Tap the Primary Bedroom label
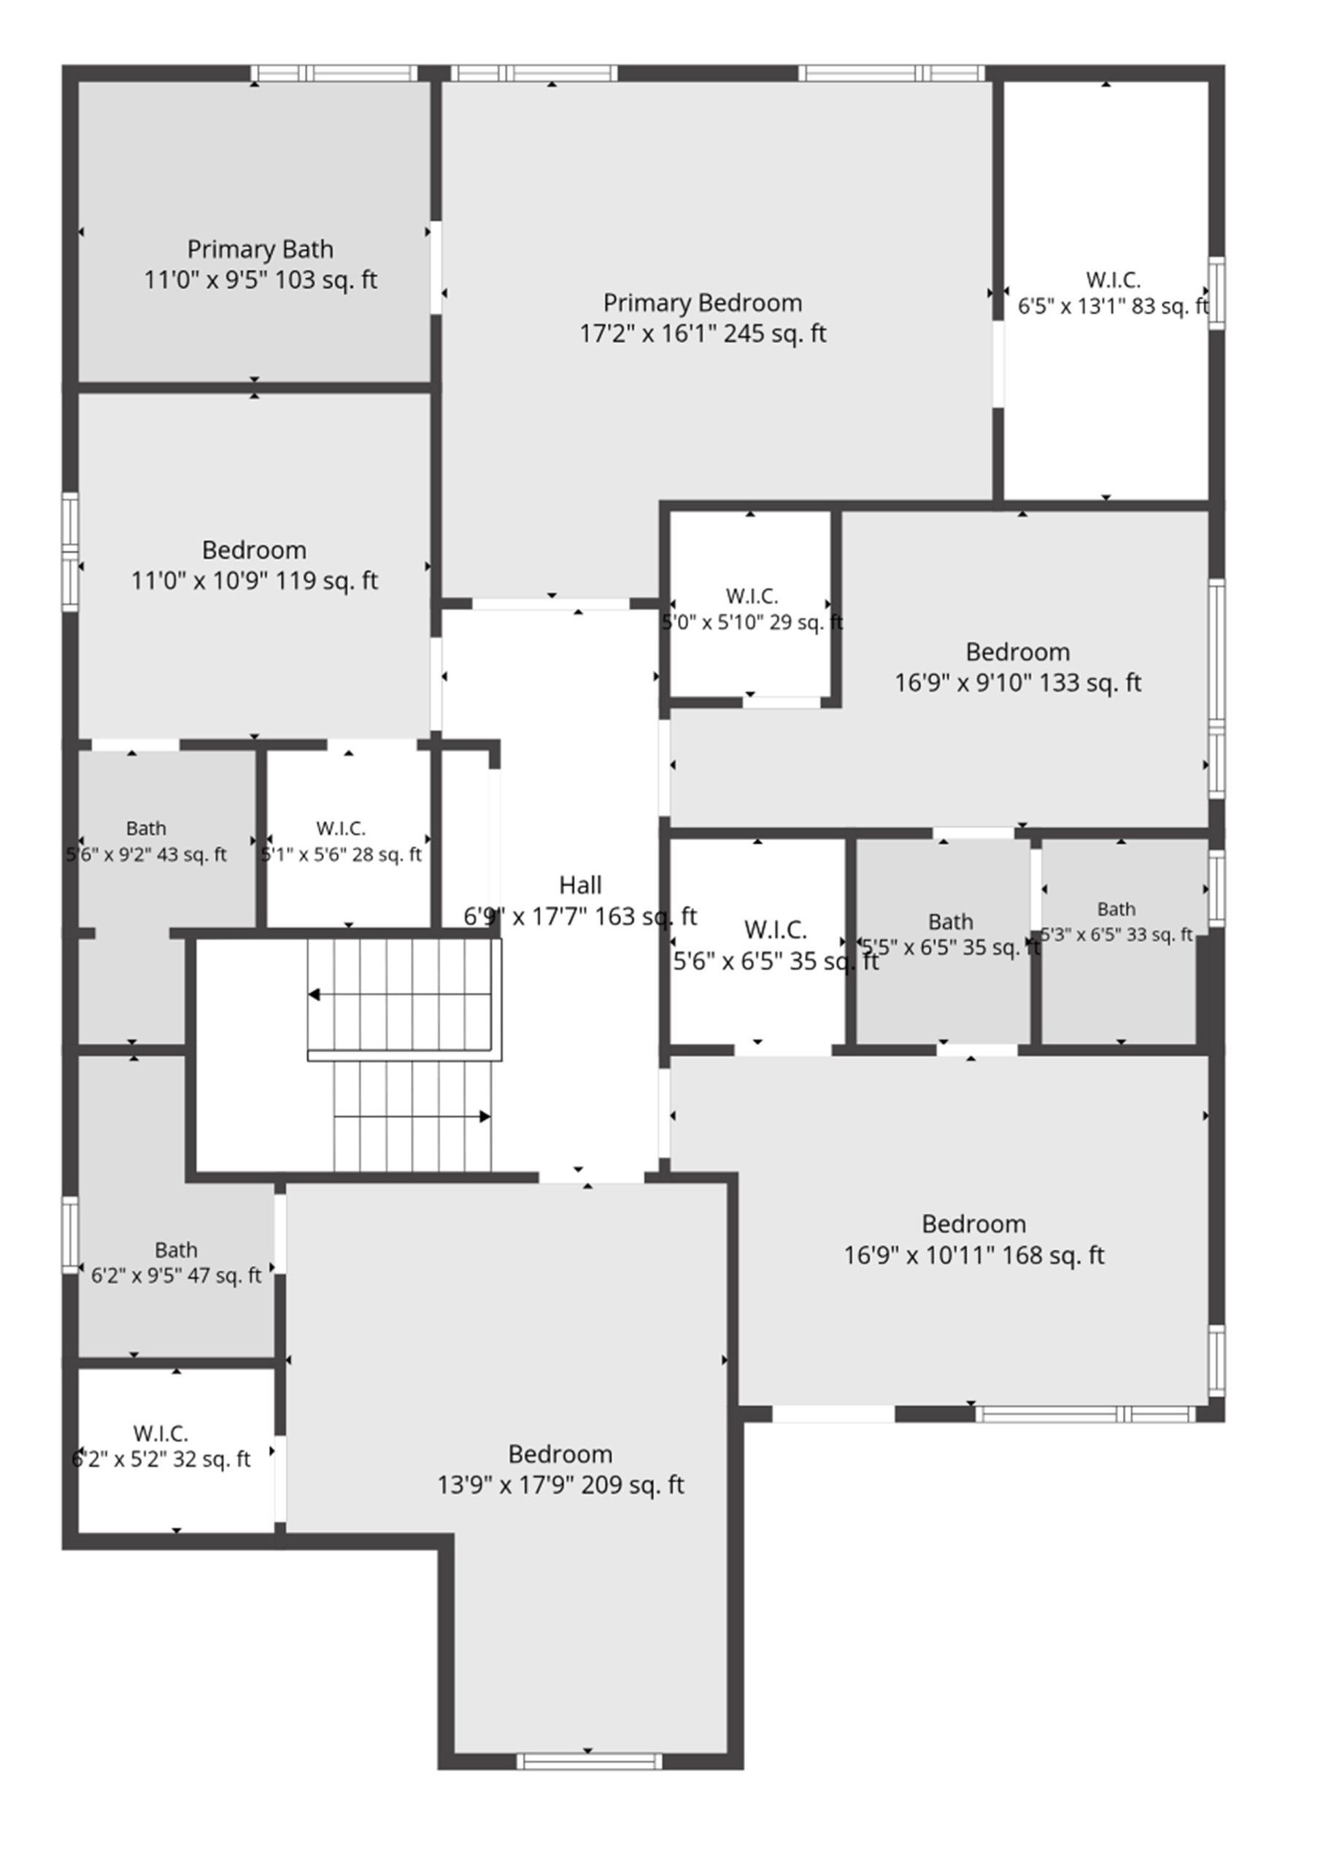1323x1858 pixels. (702, 302)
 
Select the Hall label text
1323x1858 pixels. (580, 884)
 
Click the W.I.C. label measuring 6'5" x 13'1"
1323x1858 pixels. (1113, 280)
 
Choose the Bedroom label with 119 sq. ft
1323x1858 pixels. (254, 550)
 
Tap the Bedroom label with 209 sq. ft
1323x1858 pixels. (560, 1454)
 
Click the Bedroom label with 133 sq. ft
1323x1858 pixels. (1017, 651)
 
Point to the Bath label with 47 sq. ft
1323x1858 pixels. (176, 1249)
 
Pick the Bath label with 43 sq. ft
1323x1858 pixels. (146, 828)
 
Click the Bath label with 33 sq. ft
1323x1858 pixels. (1116, 909)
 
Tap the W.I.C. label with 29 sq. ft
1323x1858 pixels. (752, 596)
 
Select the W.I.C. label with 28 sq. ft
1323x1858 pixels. (341, 828)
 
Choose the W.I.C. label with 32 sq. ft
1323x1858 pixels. (161, 1432)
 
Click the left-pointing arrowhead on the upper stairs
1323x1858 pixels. (314, 994)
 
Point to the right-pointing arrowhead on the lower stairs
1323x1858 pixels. (485, 1116)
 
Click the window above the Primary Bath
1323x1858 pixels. (334, 72)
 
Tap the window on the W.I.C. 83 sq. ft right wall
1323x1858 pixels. (1216, 293)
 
